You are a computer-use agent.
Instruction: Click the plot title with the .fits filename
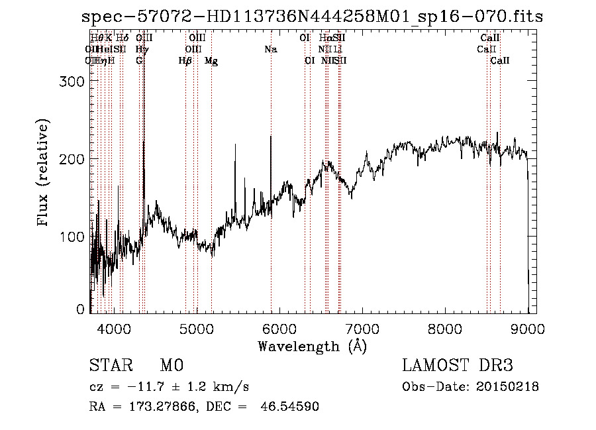pos(312,17)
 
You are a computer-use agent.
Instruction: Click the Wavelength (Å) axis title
pos(312,346)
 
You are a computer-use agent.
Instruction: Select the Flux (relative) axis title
pos(44,174)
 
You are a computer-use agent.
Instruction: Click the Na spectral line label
pos(270,50)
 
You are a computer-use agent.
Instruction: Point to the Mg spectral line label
pos(211,61)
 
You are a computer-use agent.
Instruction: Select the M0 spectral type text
pos(171,366)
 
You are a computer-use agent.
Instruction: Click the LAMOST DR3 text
pos(458,366)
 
